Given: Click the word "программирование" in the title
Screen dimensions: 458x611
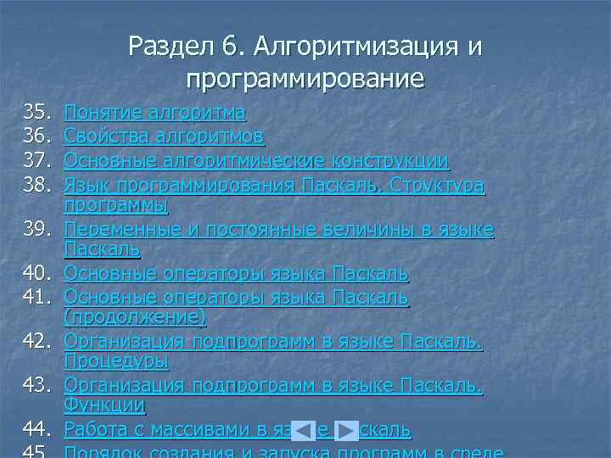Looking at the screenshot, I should click(305, 80).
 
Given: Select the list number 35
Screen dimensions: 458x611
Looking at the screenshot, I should click(38, 113).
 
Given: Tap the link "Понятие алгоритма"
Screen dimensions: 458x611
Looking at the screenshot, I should click(155, 113).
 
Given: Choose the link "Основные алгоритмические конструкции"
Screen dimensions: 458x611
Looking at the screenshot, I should click(257, 159).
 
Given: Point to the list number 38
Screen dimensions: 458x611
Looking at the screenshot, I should click(38, 183).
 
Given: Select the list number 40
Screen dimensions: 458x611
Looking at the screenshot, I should click(38, 274).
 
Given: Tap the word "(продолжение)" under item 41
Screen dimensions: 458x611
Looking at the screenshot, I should click(135, 317).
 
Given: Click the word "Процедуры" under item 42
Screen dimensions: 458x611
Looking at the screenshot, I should click(116, 361).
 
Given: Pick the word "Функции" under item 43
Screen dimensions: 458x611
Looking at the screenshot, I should click(104, 406).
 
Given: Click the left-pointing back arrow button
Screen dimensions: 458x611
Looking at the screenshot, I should click(303, 430).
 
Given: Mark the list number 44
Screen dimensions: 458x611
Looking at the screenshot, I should click(38, 429).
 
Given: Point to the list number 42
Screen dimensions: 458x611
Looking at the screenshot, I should click(38, 342).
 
